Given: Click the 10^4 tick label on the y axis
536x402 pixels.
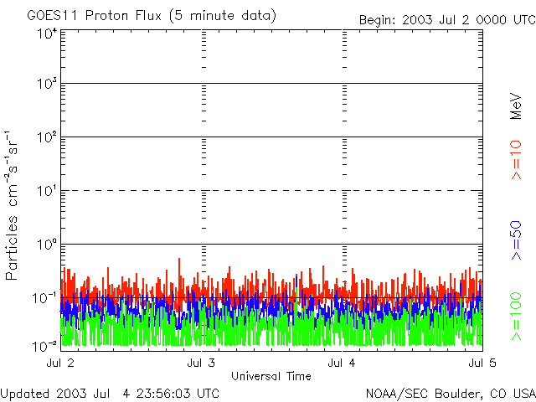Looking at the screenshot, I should (47, 33).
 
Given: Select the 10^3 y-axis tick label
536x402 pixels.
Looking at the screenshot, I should (47, 84).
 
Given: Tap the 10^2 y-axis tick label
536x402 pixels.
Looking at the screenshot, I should (47, 137).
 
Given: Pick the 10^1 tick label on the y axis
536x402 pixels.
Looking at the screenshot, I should (47, 191).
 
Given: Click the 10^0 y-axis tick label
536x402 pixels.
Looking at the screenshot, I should (47, 245).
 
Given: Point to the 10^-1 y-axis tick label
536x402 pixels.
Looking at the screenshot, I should (45, 298).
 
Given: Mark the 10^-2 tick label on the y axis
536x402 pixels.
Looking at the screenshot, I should (45, 345).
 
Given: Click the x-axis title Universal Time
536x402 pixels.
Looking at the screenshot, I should (271, 376).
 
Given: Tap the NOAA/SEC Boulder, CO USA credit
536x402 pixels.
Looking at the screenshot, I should (450, 393).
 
